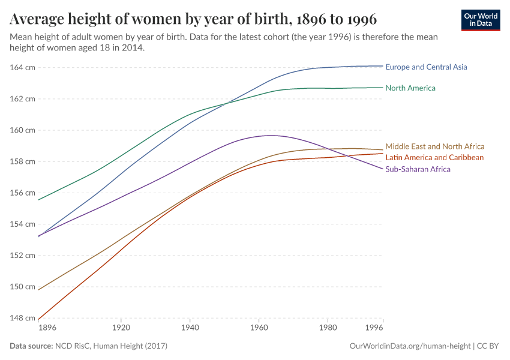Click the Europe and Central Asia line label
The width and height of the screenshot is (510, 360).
pyautogui.click(x=426, y=67)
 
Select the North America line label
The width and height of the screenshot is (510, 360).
pyautogui.click(x=410, y=88)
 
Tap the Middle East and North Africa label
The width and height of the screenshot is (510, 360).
pyautogui.click(x=434, y=146)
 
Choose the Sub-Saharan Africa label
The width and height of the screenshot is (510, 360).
pyautogui.click(x=418, y=169)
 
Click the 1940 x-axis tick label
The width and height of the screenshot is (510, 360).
pyautogui.click(x=190, y=329)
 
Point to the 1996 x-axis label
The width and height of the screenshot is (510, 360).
pyautogui.click(x=374, y=329)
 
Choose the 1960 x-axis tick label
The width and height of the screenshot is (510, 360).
pyautogui.click(x=259, y=329)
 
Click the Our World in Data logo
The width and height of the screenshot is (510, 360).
pyautogui.click(x=481, y=20)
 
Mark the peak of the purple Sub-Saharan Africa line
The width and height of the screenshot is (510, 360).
pyautogui.click(x=271, y=135)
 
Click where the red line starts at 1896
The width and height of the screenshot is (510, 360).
pyautogui.click(x=39, y=320)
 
